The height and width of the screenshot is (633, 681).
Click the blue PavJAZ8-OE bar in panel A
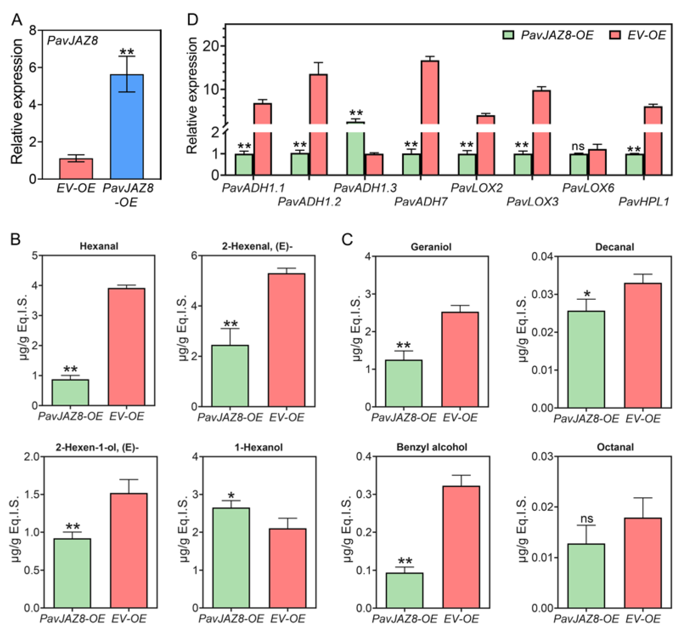point(127,126)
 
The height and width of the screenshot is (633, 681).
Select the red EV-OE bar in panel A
point(76,169)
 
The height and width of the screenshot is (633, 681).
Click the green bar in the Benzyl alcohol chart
point(404,590)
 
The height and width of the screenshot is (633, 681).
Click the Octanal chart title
point(615,447)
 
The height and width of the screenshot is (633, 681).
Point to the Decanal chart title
point(615,247)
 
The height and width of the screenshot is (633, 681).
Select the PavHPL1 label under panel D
point(644,202)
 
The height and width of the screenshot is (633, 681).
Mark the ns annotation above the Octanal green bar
point(587,519)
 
